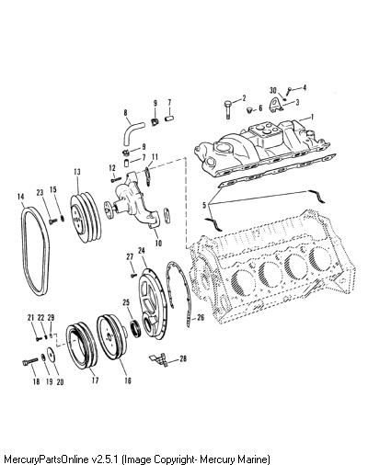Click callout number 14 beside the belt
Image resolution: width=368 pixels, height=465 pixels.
tap(20, 197)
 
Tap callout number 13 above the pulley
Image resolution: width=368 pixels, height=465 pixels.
tap(77, 172)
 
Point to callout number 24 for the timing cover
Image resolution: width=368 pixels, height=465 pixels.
tap(142, 250)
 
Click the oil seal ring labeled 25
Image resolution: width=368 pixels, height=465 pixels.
tap(136, 328)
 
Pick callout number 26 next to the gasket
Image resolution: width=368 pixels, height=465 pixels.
tap(200, 317)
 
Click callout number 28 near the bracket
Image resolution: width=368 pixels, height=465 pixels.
tap(183, 358)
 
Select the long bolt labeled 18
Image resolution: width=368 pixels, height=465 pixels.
tap(30, 362)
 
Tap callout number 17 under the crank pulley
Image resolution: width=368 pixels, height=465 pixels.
tap(95, 380)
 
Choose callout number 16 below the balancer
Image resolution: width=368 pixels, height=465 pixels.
tap(128, 380)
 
